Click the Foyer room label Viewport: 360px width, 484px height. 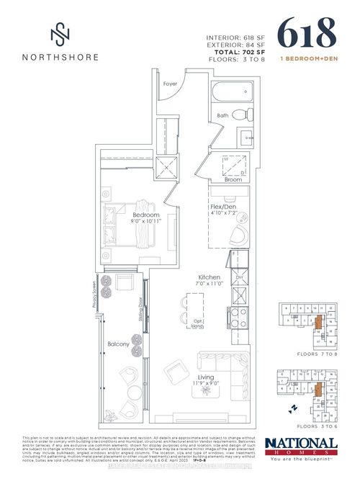coord(170,84)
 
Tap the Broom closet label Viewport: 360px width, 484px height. coord(233,180)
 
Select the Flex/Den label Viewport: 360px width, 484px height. coord(221,204)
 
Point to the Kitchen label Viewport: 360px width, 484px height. coord(210,277)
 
